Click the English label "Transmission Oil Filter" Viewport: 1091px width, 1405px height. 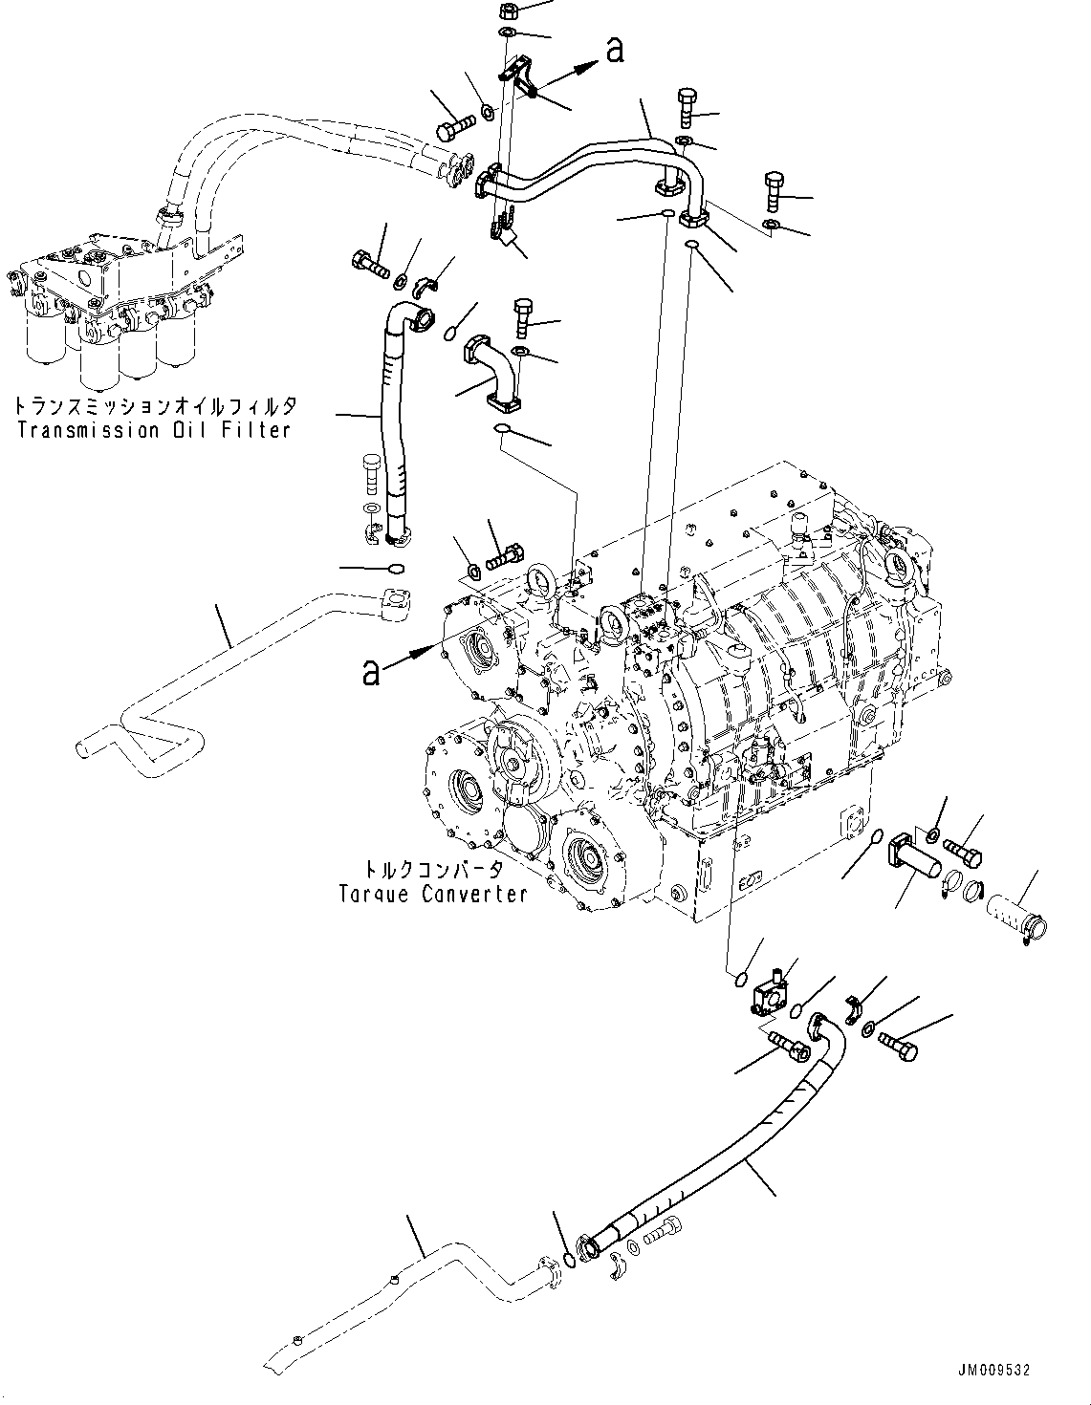click(x=153, y=430)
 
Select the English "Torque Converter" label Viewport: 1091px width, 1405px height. click(x=433, y=895)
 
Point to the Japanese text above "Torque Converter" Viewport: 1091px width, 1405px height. click(x=433, y=871)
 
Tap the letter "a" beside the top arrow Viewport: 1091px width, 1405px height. click(x=615, y=50)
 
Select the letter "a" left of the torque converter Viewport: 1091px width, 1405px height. click(x=372, y=672)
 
